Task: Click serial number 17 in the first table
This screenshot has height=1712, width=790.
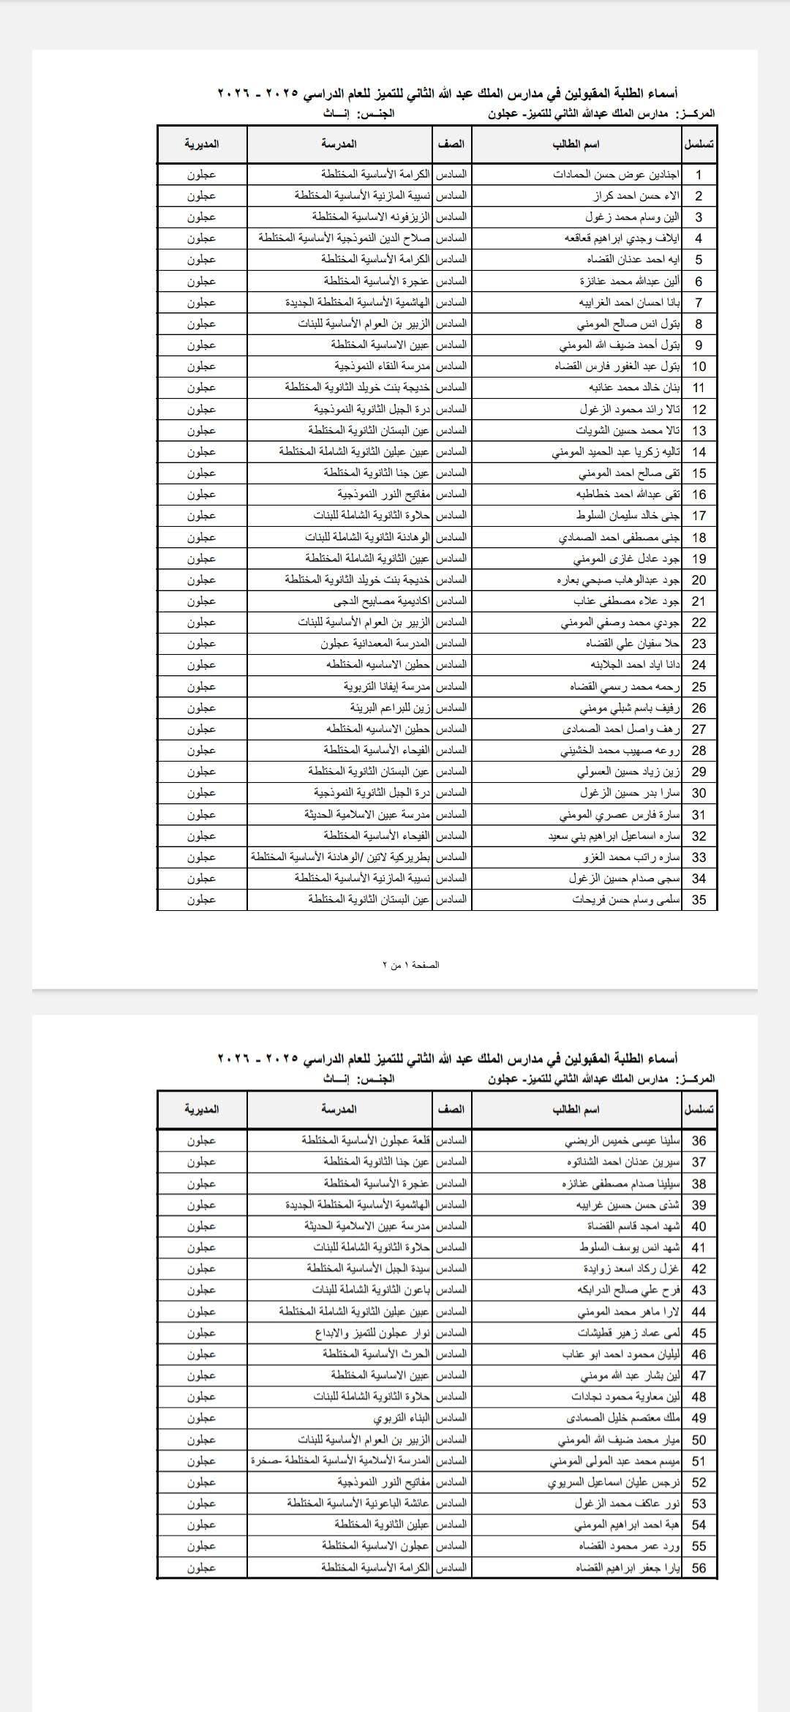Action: (699, 516)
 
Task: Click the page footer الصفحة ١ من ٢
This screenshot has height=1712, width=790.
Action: (411, 965)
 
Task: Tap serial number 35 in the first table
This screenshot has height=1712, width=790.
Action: (699, 900)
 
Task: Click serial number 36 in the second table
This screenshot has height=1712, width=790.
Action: (699, 1141)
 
